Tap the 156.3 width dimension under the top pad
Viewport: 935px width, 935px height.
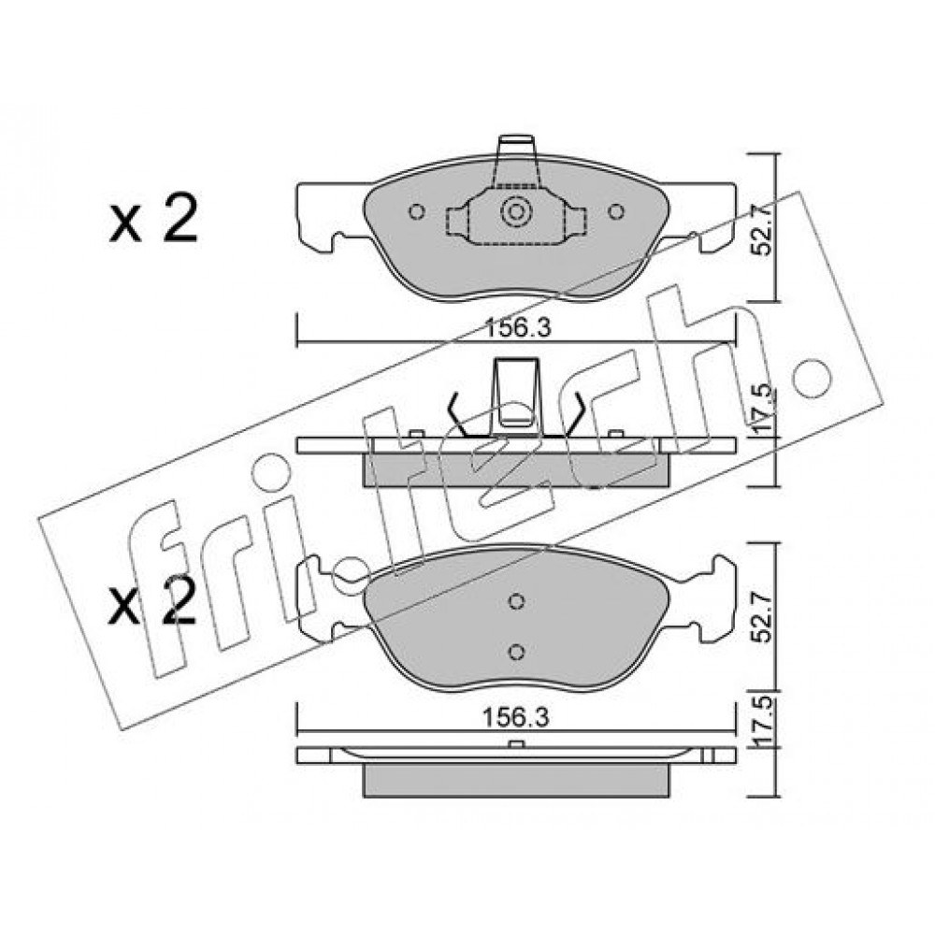[x=516, y=328]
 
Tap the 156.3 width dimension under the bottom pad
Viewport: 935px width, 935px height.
[x=516, y=717]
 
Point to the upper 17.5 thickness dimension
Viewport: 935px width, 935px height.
[x=760, y=410]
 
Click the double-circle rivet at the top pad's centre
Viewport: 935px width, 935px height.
[x=516, y=211]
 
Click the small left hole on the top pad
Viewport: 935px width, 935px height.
[x=417, y=211]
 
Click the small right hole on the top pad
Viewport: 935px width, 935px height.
[x=616, y=211]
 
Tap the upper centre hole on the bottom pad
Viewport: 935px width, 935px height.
[x=517, y=601]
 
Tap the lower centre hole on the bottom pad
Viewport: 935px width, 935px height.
[x=517, y=652]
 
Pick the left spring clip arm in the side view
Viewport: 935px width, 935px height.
[x=460, y=414]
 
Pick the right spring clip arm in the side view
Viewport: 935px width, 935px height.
[x=571, y=414]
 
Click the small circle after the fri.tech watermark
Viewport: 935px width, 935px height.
[x=810, y=378]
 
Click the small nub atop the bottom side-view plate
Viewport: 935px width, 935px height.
[x=516, y=743]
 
